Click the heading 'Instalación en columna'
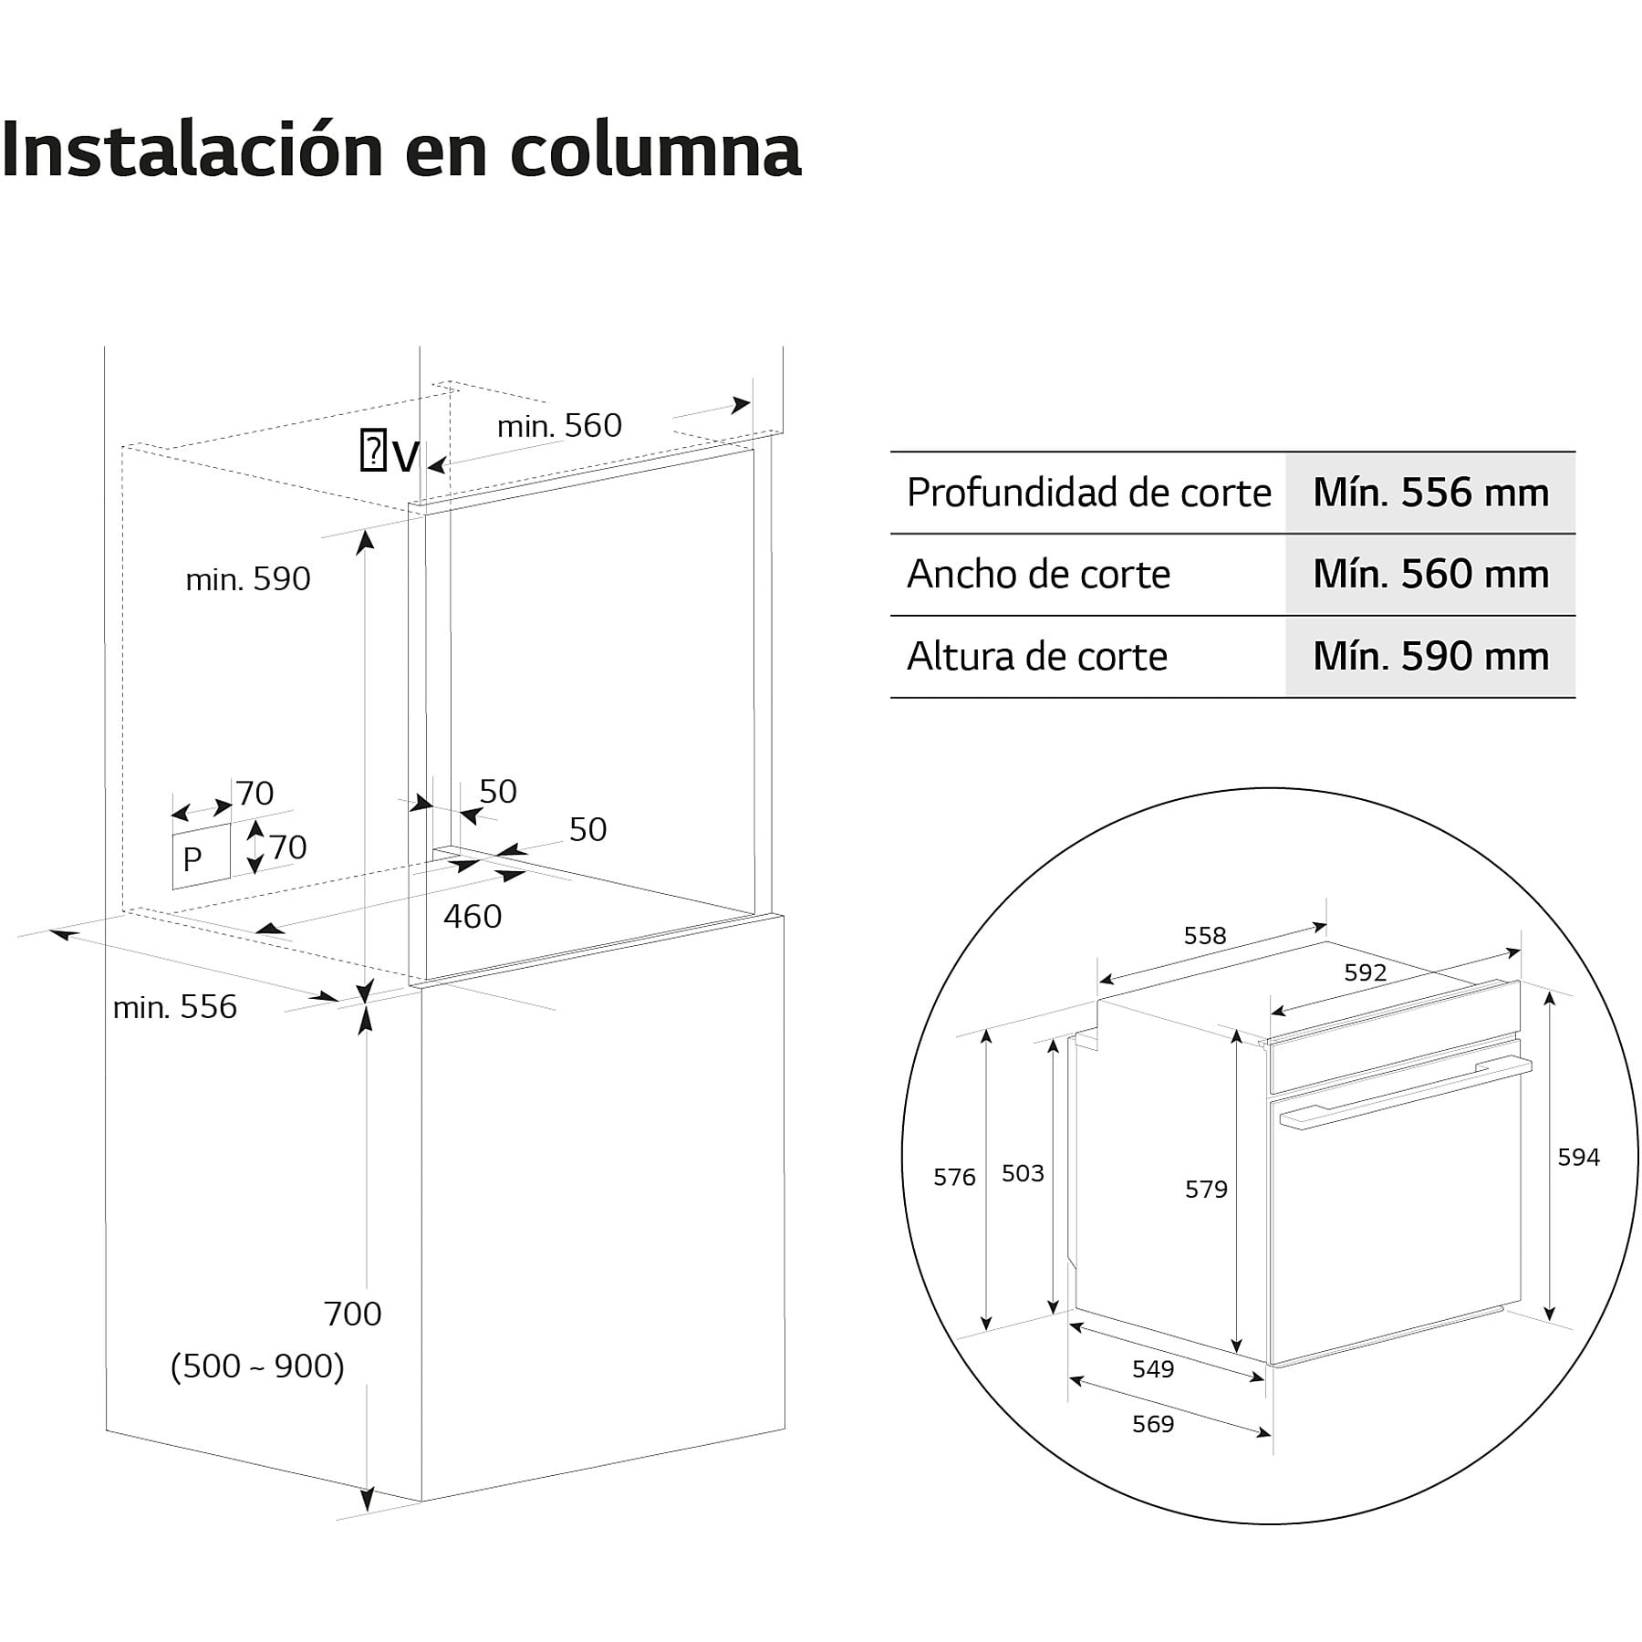point(401,150)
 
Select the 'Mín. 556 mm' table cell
point(1430,493)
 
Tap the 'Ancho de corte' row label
point(1038,575)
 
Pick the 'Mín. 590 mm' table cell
point(1430,657)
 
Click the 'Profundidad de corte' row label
point(1088,493)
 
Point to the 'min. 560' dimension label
point(559,425)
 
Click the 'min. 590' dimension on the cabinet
point(248,578)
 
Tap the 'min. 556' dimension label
point(174,1006)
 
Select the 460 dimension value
point(473,916)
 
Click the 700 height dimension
point(352,1314)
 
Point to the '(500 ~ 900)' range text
point(257,1366)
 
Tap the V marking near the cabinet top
point(405,454)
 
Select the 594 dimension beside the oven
point(1578,1157)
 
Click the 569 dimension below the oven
point(1153,1424)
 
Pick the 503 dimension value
point(1023,1172)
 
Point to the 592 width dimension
point(1365,972)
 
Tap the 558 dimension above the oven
point(1205,935)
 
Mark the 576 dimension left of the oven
point(954,1177)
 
